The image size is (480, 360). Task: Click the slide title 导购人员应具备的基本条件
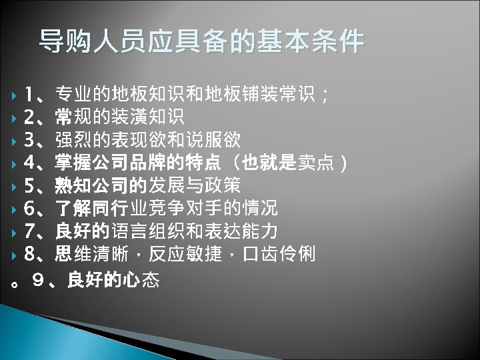pos(201,41)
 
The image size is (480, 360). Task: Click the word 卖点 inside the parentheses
pos(316,163)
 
